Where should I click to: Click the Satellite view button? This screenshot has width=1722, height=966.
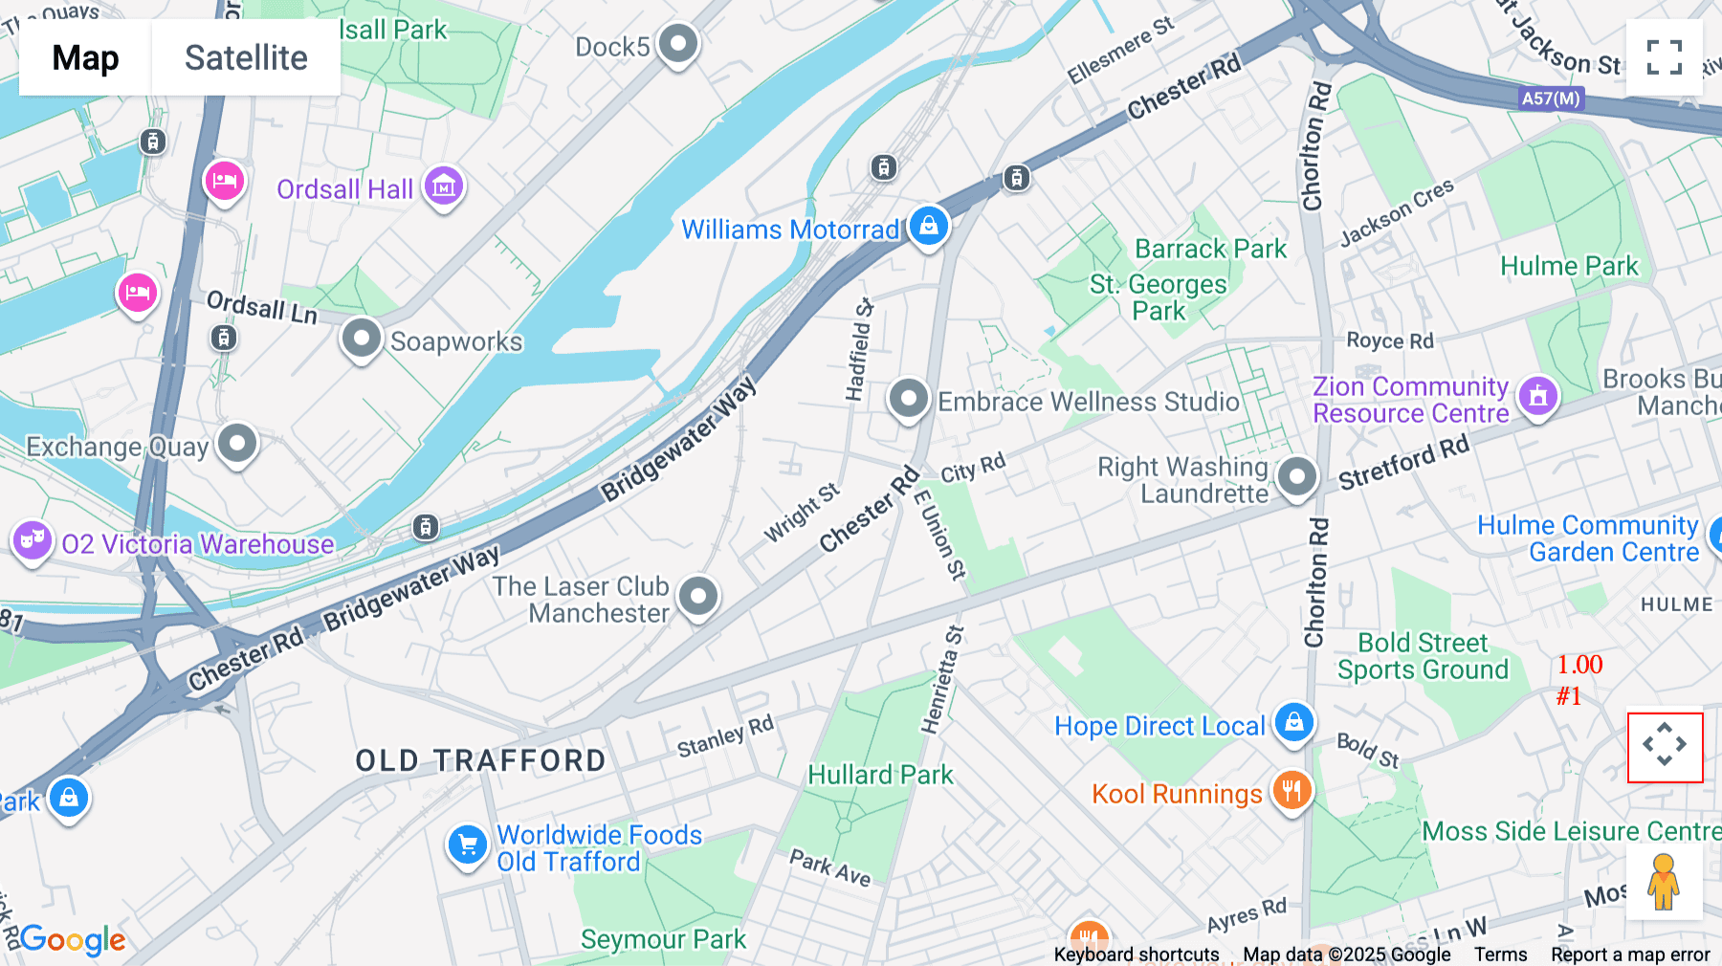[x=246, y=57]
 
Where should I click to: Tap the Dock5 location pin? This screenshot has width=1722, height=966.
[x=678, y=44]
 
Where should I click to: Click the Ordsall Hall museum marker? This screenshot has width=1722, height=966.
[x=444, y=187]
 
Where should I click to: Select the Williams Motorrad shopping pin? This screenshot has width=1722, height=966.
[x=928, y=227]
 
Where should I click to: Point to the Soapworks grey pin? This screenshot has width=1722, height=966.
[x=362, y=339]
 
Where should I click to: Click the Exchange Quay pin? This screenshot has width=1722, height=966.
[x=237, y=444]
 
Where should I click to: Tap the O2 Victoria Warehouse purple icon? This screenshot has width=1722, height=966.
[x=32, y=540]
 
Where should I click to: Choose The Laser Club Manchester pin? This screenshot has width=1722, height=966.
[x=698, y=597]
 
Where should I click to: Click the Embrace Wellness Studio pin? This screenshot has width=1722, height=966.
[x=908, y=398]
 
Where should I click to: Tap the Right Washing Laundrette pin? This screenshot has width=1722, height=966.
[x=1297, y=476]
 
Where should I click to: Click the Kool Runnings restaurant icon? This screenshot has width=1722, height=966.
[x=1291, y=791]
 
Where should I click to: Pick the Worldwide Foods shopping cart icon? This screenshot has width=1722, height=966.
[x=468, y=845]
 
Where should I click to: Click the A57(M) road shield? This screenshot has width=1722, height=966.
[x=1551, y=99]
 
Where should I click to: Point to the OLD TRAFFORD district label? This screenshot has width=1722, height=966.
[x=481, y=761]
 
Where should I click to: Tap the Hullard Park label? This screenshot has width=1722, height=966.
[x=880, y=775]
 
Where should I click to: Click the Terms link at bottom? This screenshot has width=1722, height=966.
[x=1500, y=955]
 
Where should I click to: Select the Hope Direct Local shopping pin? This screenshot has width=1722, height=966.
[x=1293, y=722]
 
